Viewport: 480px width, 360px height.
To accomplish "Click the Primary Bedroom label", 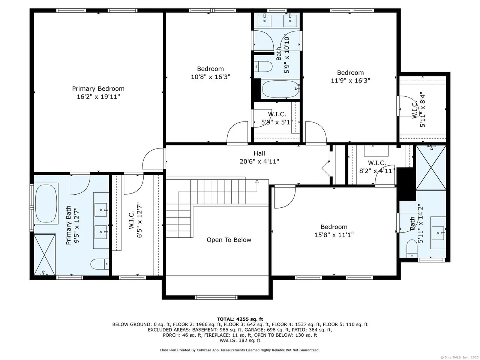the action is click(98, 88).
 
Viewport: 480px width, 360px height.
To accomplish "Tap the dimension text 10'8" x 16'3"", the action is click(210, 77).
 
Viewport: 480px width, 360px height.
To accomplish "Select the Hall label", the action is click(259, 153).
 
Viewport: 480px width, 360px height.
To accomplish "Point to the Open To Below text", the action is click(229, 240).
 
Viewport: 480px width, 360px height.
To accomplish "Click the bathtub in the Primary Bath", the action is click(46, 204).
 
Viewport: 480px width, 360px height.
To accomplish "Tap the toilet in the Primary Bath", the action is click(99, 264).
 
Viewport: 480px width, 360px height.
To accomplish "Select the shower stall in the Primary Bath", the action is click(45, 255).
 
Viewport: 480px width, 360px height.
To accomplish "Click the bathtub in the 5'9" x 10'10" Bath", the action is click(280, 89).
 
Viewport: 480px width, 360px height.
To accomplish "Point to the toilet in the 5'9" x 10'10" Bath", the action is click(263, 66).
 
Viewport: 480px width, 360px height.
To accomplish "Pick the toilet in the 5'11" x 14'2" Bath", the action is click(412, 249).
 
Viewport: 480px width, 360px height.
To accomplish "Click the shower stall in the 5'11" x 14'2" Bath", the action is click(431, 168).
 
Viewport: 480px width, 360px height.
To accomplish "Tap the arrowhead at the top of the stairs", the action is click(257, 181).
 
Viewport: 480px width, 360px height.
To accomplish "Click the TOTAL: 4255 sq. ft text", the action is click(240, 319).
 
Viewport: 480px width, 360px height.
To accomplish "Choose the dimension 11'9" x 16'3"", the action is click(350, 81).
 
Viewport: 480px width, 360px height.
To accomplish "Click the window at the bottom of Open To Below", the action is click(216, 297).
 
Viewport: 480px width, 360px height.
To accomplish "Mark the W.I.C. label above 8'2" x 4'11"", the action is click(377, 163).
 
